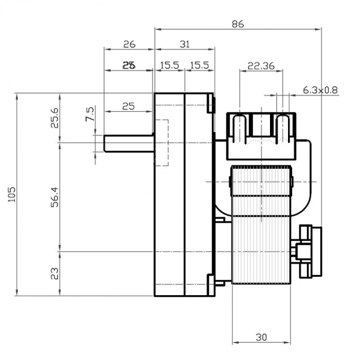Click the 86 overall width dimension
coord(238,24)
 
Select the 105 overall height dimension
coord(13,194)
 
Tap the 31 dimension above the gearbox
coord(185,44)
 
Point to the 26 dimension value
coord(129,44)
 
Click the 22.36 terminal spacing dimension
coord(261,66)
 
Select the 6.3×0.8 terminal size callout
coord(320,90)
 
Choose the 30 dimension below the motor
coord(261,337)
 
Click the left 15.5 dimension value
coord(169,66)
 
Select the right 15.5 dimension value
coord(200,66)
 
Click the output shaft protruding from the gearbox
coord(129,143)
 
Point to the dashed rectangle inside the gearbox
coord(161,142)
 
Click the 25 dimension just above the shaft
coord(129,106)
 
